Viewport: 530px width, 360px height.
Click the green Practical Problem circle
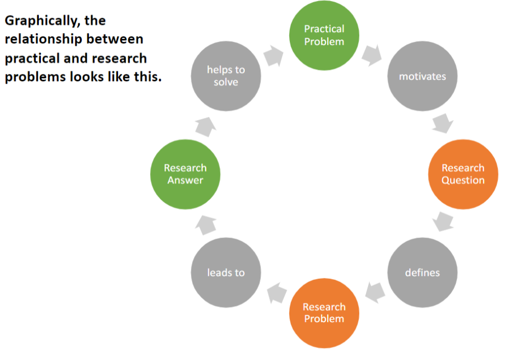[x=324, y=36]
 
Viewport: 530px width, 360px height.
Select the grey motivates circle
[x=422, y=77]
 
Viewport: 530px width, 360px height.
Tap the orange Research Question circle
[x=463, y=174]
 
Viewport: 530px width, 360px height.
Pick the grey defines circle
[x=422, y=273]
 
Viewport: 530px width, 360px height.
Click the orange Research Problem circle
[x=324, y=313]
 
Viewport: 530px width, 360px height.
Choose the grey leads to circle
[x=226, y=273]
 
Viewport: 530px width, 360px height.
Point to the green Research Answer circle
[x=185, y=174]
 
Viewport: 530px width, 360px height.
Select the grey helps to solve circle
[x=226, y=77]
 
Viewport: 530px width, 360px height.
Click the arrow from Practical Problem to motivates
[x=372, y=55]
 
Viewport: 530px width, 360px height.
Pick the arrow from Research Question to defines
[x=443, y=222]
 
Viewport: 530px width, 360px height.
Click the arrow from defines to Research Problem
[x=375, y=292]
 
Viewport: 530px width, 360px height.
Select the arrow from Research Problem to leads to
[x=277, y=293]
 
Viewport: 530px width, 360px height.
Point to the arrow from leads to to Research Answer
[x=206, y=225]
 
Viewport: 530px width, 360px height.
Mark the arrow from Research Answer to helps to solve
[x=205, y=127]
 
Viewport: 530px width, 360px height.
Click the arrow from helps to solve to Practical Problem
[x=273, y=56]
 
